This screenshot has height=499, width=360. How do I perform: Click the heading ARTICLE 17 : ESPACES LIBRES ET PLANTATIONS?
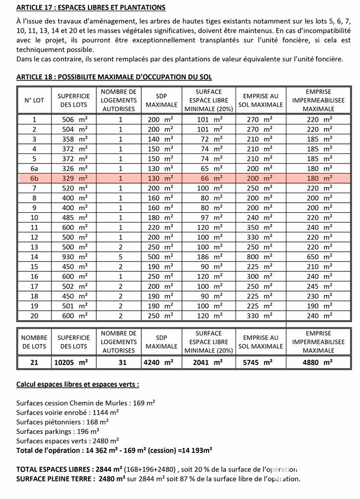click(91, 8)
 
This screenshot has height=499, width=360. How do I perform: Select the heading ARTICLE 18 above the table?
click(114, 77)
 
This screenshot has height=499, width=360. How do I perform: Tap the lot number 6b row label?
click(34, 178)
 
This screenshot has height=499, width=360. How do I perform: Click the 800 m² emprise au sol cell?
click(260, 256)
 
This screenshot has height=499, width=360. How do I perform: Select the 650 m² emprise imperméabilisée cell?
click(319, 256)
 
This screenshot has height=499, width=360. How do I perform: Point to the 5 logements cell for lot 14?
click(120, 256)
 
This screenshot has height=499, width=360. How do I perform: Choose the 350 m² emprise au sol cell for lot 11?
click(260, 227)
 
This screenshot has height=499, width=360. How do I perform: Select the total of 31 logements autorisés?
click(120, 362)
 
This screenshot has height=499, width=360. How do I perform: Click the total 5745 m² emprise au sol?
click(260, 362)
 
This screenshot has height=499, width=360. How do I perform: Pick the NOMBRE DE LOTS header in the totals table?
click(34, 341)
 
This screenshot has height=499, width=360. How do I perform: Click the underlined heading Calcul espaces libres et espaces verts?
click(78, 384)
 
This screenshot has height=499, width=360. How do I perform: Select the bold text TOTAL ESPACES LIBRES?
click(53, 469)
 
